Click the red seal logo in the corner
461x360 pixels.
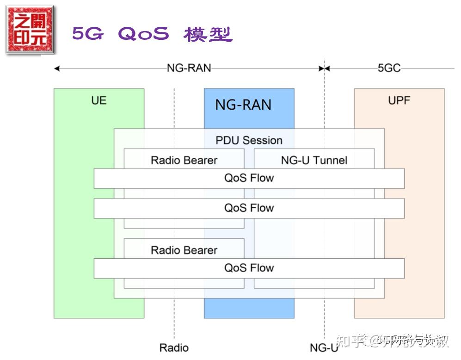[x=30, y=29]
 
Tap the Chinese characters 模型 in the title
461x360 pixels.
[x=208, y=34]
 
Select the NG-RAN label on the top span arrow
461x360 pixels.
[x=189, y=68]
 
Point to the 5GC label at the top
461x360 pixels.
[x=389, y=68]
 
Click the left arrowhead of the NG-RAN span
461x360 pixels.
[x=57, y=68]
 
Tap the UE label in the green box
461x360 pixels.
[x=98, y=100]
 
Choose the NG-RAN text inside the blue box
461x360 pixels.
[x=243, y=105]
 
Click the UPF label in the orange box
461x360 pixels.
[x=399, y=100]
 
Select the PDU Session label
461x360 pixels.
[x=249, y=140]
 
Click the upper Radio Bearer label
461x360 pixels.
[x=184, y=161]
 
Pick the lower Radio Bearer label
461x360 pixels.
[x=184, y=250]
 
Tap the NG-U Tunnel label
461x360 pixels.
[x=314, y=161]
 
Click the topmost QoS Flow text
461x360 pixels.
[x=249, y=178]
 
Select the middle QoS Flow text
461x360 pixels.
[x=249, y=208]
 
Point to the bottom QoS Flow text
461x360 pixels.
[x=249, y=268]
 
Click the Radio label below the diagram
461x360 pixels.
[x=174, y=348]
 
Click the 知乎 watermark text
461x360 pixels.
[x=348, y=341]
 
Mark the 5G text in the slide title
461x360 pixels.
[x=87, y=34]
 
